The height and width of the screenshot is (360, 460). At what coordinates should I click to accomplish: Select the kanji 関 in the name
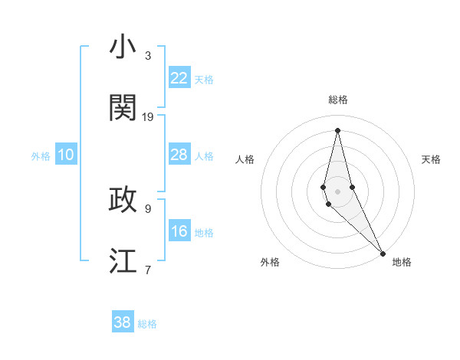pos(123,108)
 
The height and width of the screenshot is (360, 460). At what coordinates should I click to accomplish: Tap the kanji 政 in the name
pos(123,199)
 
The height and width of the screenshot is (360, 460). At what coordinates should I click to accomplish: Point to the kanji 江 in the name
pos(123,260)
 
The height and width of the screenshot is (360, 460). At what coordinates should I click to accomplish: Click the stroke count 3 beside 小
pos(148,55)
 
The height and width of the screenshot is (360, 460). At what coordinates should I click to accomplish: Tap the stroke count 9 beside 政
pos(148,208)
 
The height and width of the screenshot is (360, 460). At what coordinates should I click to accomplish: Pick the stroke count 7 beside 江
pos(148,269)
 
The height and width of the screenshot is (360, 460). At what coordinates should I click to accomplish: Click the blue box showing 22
pos(179,78)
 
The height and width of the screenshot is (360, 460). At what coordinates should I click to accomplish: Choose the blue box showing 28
pos(179,155)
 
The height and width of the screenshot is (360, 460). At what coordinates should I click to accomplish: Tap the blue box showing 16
pos(179,231)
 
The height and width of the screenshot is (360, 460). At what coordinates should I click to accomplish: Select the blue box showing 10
pos(66,155)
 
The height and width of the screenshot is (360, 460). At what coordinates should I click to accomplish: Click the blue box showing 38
pos(123,322)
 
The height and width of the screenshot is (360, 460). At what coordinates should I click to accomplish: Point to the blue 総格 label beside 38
pos(147,324)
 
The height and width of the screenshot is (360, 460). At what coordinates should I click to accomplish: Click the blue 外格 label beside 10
pos(41,156)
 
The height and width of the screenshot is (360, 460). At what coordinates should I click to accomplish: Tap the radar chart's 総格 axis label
pos(338,100)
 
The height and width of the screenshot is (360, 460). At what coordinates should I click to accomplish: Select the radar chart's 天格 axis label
pos(432,159)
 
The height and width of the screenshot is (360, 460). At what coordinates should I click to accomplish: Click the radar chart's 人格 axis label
pos(245,159)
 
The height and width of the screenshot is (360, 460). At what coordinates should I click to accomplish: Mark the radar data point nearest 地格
pos(383,252)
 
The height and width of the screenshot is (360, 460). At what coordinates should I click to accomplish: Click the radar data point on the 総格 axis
pos(338,129)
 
